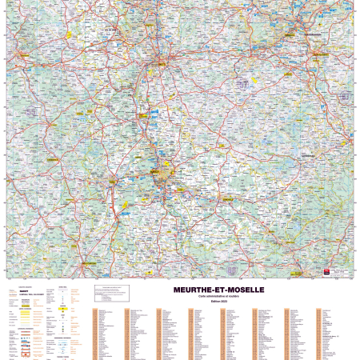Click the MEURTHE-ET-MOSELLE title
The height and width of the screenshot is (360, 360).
[x=218, y=290]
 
